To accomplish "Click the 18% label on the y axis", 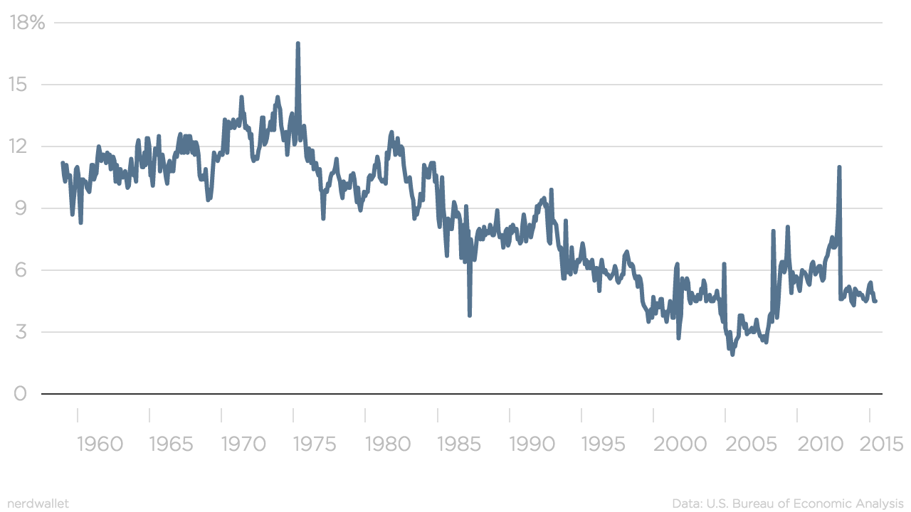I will click(x=28, y=23).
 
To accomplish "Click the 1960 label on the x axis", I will click(x=99, y=444).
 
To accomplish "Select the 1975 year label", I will click(x=315, y=444).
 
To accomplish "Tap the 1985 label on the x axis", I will click(x=459, y=444).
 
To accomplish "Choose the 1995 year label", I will click(x=604, y=444).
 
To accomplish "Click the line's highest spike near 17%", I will click(x=297, y=44).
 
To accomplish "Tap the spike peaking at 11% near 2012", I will click(x=840, y=168).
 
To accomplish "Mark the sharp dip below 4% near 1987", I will click(x=470, y=314).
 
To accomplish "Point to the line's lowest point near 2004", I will click(x=732, y=353).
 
